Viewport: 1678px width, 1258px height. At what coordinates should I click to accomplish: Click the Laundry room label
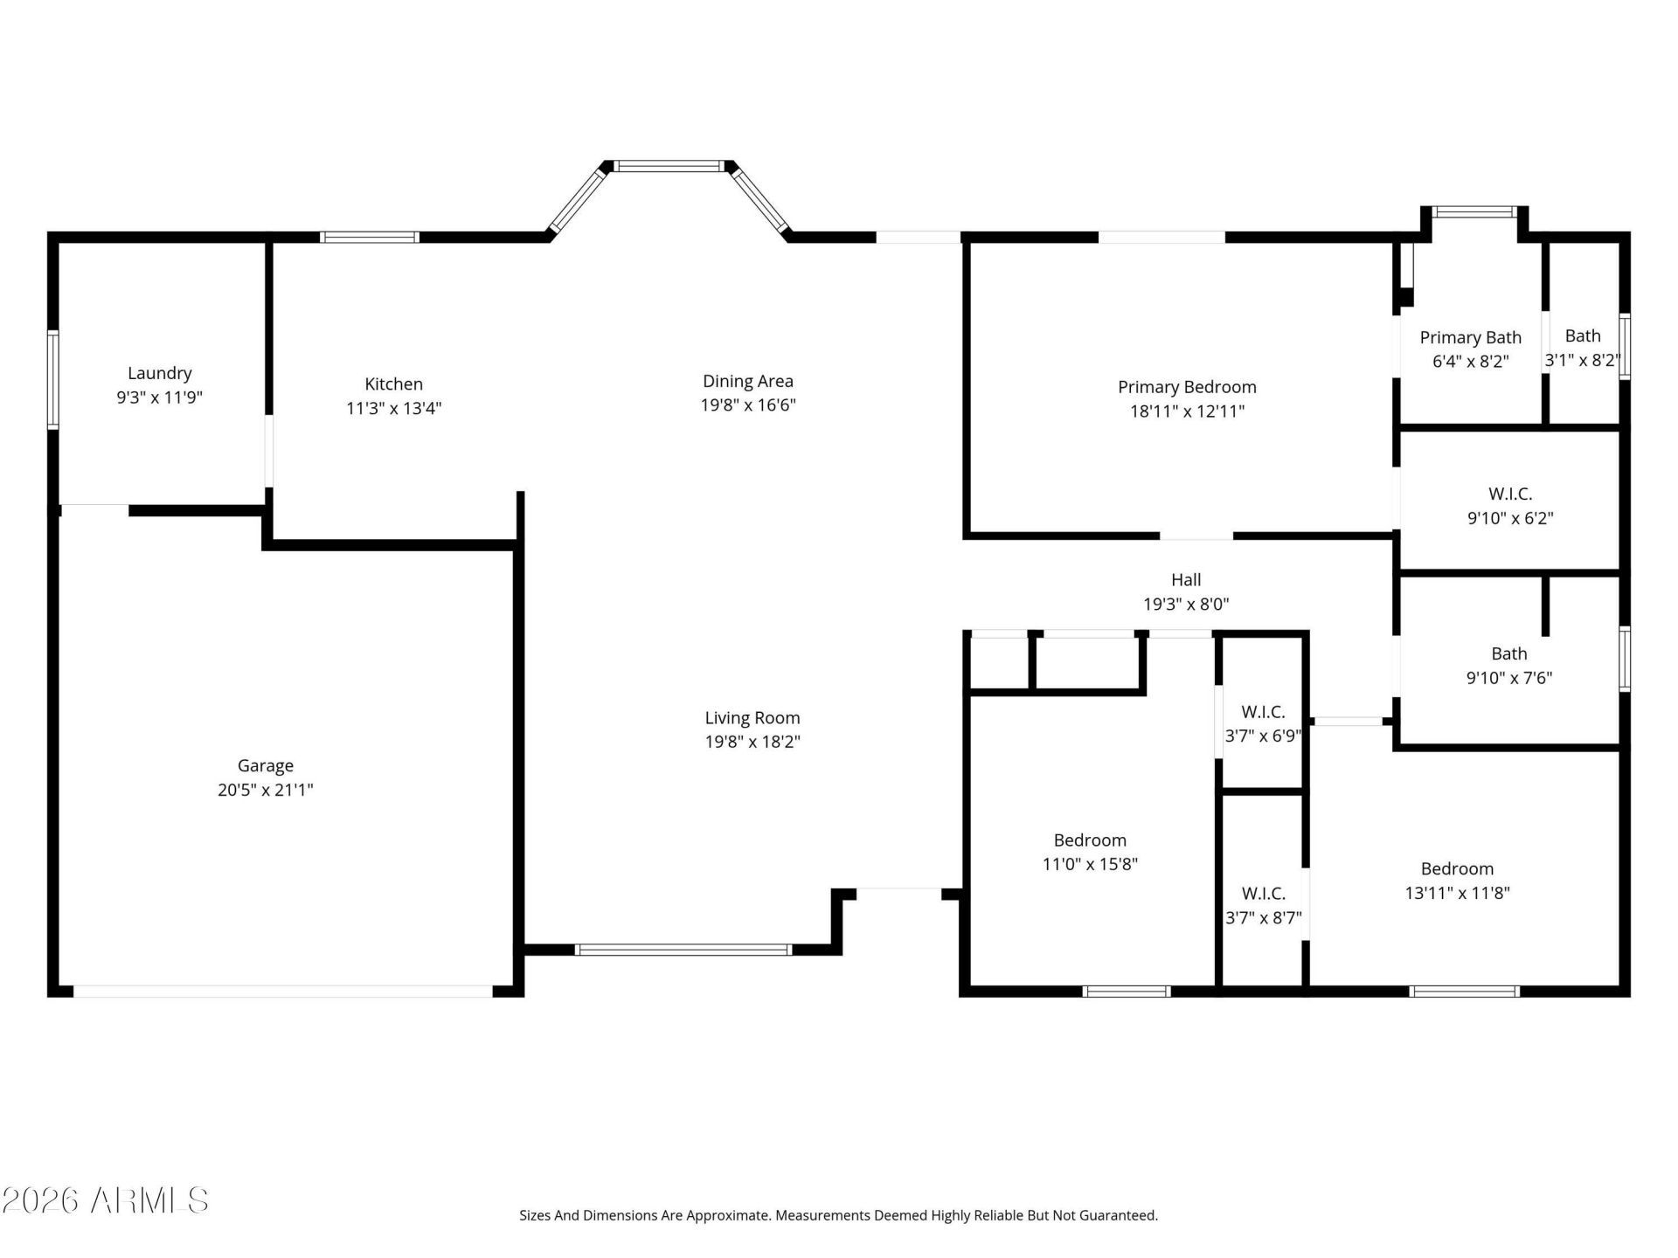(160, 374)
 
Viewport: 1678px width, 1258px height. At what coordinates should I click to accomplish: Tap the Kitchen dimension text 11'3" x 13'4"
(394, 408)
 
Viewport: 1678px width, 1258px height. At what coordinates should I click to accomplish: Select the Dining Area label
(748, 381)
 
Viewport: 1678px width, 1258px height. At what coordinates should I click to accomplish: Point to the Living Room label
(752, 718)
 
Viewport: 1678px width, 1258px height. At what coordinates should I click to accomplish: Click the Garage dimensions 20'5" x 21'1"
(266, 790)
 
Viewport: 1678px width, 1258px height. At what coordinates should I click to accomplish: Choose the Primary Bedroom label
(1187, 387)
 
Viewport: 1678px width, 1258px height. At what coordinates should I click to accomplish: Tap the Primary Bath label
(1471, 337)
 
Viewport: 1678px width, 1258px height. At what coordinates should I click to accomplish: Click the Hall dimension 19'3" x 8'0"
(1186, 604)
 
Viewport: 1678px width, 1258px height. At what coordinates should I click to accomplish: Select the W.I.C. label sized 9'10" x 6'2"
(1510, 494)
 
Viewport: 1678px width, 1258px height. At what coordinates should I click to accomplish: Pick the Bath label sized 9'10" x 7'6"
(1509, 653)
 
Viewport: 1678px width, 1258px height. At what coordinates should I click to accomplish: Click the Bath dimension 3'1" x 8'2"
(1583, 360)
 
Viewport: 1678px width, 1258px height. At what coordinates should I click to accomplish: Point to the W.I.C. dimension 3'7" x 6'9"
(1263, 736)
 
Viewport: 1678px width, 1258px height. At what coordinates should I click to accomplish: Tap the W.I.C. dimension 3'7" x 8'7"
(1264, 917)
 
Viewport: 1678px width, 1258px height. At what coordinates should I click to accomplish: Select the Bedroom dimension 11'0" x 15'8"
(1090, 864)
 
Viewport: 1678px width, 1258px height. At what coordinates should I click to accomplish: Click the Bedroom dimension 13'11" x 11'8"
(1458, 893)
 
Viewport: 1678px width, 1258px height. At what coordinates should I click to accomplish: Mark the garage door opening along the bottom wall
(283, 992)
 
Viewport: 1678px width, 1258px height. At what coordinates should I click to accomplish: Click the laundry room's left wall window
(53, 380)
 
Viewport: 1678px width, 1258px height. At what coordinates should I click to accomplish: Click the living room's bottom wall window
(683, 950)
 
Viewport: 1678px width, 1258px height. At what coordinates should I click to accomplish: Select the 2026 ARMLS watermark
(105, 1200)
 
